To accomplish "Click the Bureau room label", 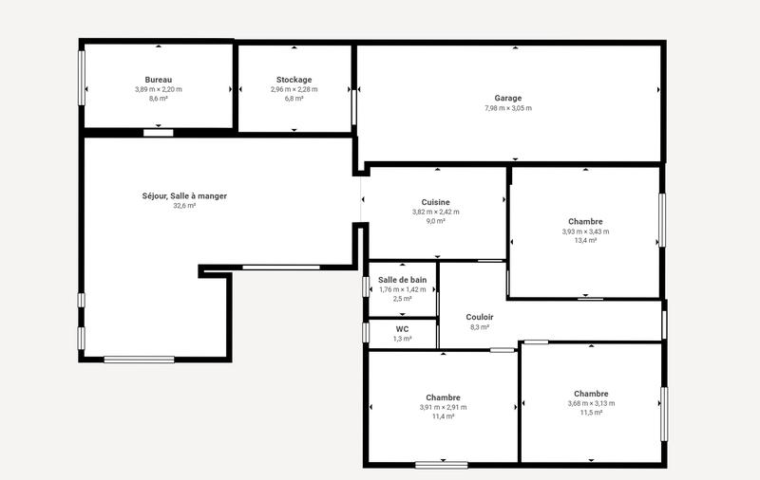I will (159, 79).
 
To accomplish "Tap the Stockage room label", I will (294, 79).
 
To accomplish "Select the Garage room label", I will (508, 98).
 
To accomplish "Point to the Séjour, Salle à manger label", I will (184, 195).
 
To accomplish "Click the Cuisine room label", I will (435, 202).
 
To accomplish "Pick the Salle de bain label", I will (402, 279).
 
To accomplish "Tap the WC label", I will (402, 329).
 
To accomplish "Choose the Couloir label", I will (480, 317).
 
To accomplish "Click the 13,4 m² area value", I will (585, 241).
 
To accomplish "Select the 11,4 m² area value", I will (443, 416).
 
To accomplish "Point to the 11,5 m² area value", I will (591, 413).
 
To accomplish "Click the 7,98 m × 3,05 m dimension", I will (508, 108).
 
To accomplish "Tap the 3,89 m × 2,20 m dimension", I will (159, 89).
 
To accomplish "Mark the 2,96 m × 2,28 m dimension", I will (294, 89).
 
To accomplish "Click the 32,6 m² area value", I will (184, 206).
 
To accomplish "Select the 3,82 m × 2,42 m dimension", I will (435, 212).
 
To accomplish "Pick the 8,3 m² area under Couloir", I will (480, 327).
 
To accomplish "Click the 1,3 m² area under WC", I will (402, 339).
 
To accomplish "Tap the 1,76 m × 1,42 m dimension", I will (402, 289).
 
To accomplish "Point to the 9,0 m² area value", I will (435, 221).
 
